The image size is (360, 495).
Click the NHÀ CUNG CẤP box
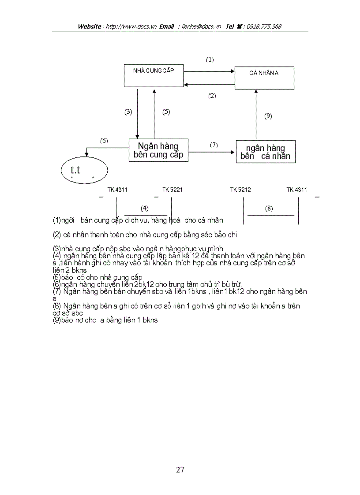click(154, 76)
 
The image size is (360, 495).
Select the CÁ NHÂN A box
click(264, 78)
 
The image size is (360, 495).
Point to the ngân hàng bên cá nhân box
click(265, 152)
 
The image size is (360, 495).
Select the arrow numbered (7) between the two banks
click(212, 152)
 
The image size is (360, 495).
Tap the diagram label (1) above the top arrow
click(210, 60)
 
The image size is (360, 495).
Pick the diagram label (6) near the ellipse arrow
click(104, 141)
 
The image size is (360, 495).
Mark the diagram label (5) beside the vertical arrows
click(166, 112)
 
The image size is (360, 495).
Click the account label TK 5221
click(172, 190)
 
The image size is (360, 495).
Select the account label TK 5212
click(240, 190)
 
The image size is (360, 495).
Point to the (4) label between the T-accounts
click(144, 208)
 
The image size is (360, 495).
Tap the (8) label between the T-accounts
click(269, 208)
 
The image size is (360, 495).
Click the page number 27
click(180, 469)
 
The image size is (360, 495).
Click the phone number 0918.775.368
click(264, 26)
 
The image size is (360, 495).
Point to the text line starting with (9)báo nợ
click(105, 320)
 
